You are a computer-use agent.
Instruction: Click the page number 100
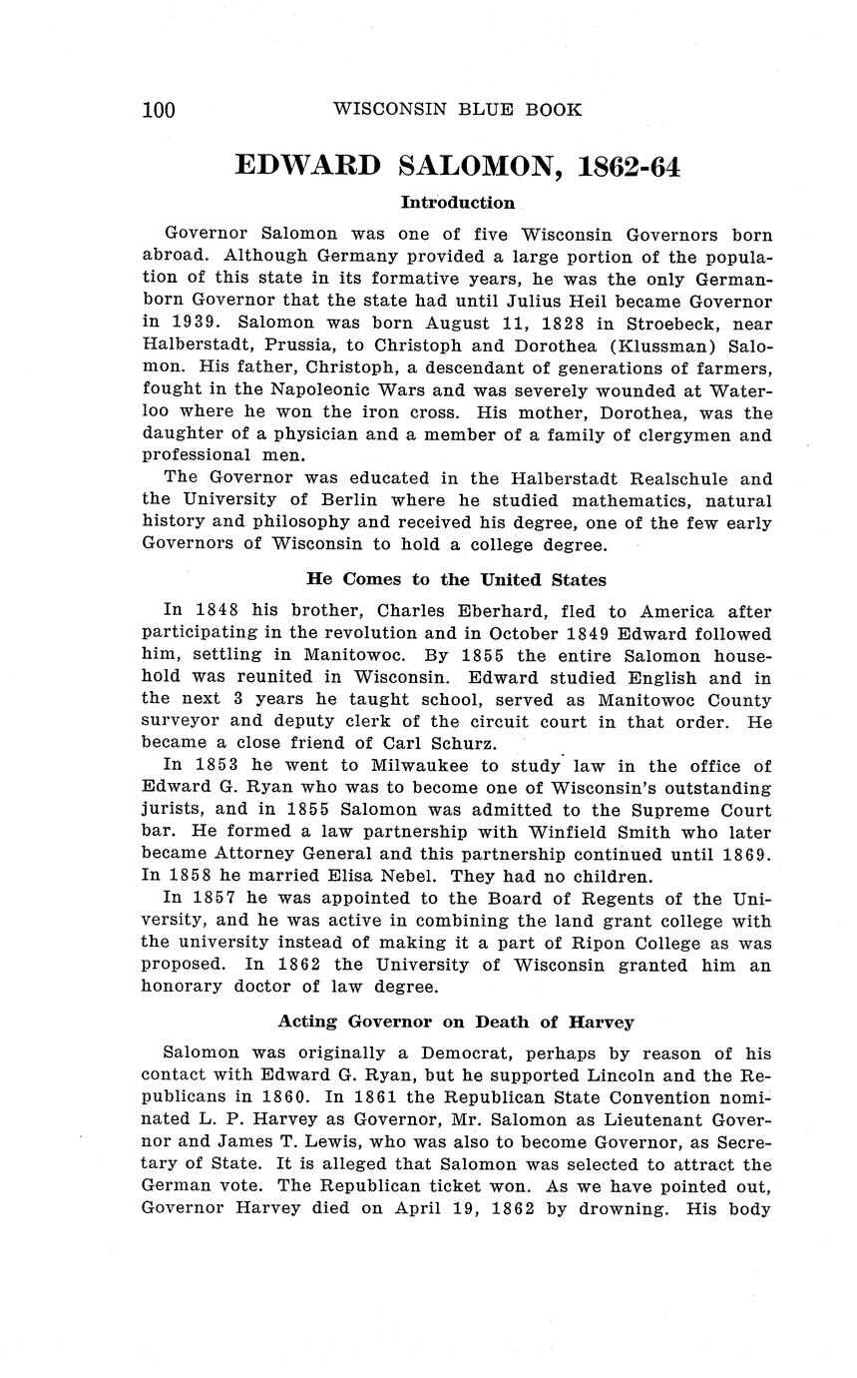tap(159, 110)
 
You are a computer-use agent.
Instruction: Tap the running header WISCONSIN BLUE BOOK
tap(457, 110)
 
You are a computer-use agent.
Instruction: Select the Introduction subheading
tap(457, 203)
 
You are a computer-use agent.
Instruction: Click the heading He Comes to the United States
tap(456, 580)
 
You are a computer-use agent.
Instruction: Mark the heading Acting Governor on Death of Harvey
tap(456, 1022)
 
